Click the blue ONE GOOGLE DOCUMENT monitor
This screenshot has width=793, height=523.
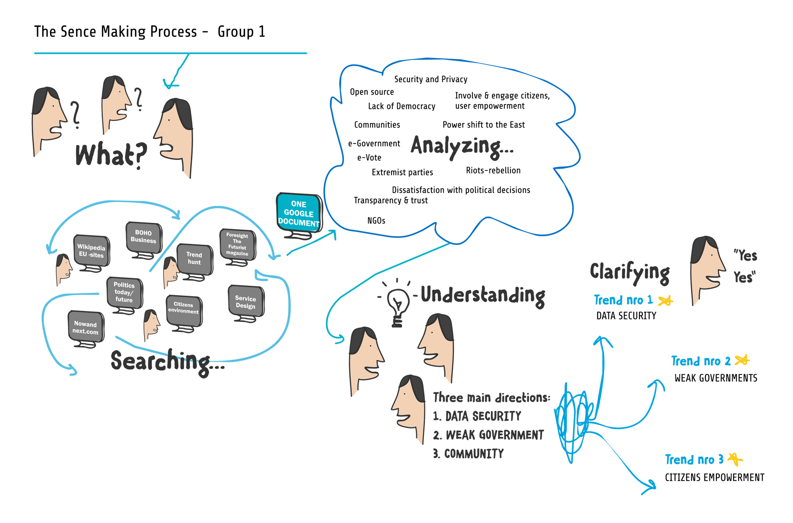[x=299, y=213]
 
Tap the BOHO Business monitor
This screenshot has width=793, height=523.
[x=143, y=237]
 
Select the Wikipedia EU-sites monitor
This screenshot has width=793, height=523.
[x=91, y=251]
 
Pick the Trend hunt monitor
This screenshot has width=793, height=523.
[x=194, y=259]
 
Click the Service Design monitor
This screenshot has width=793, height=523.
[x=245, y=302]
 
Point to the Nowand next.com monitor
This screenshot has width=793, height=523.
[x=86, y=328]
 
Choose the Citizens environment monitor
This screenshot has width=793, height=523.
[x=184, y=309]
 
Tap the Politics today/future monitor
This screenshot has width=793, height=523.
[x=124, y=292]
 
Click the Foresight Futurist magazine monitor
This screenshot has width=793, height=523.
[x=237, y=244]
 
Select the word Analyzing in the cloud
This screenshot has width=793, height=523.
[x=462, y=146]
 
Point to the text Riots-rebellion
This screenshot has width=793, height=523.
[x=493, y=171]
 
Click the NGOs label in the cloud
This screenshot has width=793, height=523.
[x=376, y=221]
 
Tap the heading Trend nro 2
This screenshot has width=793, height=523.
[x=701, y=361]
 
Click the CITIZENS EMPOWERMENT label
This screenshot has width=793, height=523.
[x=715, y=477]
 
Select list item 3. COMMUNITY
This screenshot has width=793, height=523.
[x=469, y=454]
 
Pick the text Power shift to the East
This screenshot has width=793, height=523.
[x=484, y=125]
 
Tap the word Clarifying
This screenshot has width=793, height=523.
[x=630, y=272]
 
